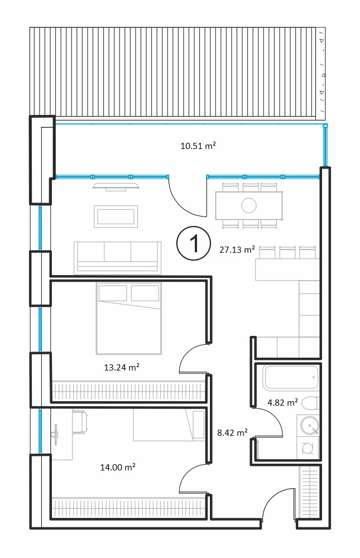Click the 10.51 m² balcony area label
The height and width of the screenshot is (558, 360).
(198, 146)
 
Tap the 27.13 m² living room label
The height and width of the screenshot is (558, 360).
(237, 249)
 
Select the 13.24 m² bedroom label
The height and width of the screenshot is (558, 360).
(122, 367)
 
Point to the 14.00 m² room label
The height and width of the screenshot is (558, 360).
(118, 467)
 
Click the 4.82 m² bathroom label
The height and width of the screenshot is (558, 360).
(283, 402)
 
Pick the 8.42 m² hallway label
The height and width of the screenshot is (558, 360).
(232, 432)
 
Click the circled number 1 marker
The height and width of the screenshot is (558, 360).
(194, 243)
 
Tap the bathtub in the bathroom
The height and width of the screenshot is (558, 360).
(291, 378)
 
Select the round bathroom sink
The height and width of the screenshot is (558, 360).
(309, 426)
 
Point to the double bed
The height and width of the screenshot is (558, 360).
(128, 319)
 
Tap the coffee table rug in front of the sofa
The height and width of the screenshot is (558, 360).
(116, 217)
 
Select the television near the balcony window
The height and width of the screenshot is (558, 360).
(116, 186)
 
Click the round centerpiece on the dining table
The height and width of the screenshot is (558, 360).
(248, 205)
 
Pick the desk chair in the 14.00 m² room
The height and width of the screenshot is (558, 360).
(80, 422)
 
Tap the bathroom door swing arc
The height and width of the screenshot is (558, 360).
(273, 419)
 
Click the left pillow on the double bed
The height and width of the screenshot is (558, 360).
(113, 293)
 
